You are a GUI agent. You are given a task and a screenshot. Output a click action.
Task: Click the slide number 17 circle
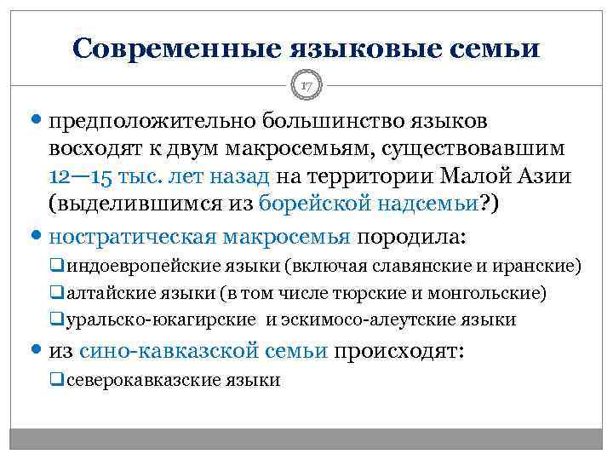point(306,85)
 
